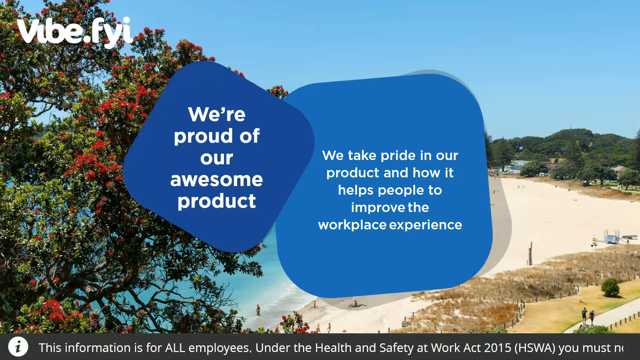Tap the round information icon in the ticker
pos(18,347)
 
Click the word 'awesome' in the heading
pos(217,180)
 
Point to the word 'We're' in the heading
pos(217,114)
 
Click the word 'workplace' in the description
pos(352,225)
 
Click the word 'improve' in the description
pos(378,208)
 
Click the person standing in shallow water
pos(258,310)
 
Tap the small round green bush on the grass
pos(611,288)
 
